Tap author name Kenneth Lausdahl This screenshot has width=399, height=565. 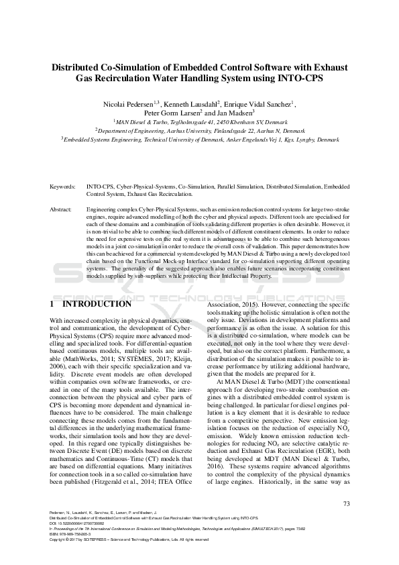pos(192,104)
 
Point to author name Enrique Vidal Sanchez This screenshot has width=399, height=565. pos(262,104)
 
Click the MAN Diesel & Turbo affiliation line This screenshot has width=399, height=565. pos(198,122)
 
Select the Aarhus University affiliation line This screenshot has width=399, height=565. pos(199,131)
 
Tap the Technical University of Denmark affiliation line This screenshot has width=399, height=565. pos(199,140)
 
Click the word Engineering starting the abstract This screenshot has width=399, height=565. pos(102,210)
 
